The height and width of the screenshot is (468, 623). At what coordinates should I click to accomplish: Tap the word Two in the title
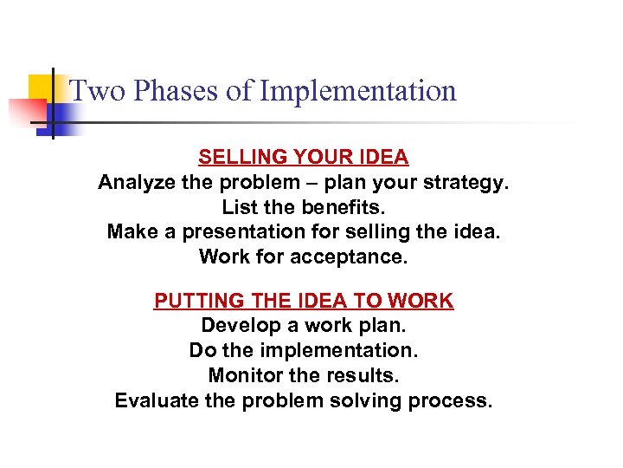pos(92,91)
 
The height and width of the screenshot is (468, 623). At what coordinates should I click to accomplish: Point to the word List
pos(239,207)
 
